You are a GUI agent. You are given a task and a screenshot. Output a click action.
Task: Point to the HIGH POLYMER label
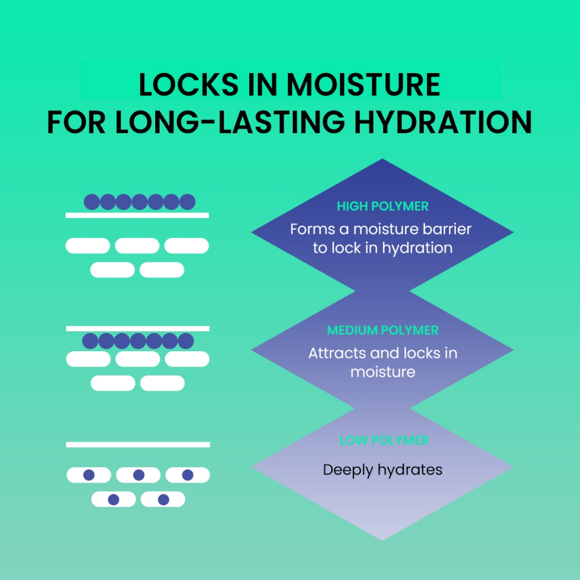[x=382, y=206]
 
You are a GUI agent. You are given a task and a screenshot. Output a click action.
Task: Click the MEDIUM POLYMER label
[x=382, y=330]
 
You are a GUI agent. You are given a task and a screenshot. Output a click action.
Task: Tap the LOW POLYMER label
[x=383, y=440]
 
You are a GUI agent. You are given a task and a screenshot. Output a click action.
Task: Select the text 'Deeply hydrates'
[x=382, y=470]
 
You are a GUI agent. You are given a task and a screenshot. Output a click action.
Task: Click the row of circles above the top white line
[x=139, y=202]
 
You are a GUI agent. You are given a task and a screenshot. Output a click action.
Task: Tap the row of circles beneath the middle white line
[x=138, y=341]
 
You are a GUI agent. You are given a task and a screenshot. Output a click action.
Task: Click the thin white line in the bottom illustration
[x=138, y=445]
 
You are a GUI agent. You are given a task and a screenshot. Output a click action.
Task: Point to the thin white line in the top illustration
[x=137, y=215]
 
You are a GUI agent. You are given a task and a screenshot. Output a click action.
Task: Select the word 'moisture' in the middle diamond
[x=382, y=372]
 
